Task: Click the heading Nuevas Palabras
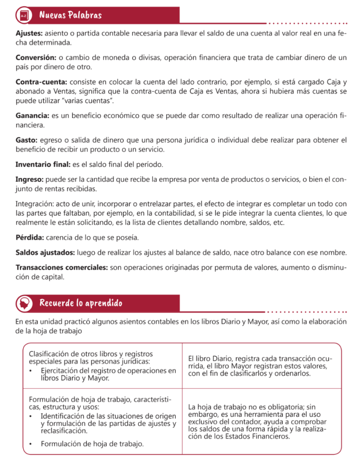[70, 15]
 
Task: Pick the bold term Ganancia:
[33, 115]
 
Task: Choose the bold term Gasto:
[27, 140]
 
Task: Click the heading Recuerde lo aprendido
[80, 302]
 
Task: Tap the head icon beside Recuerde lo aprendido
[24, 303]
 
